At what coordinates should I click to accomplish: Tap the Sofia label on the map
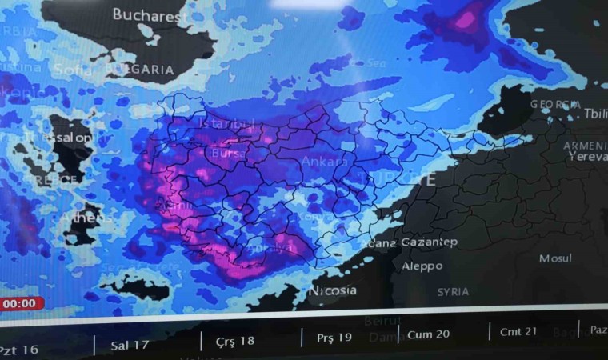[x=74, y=70]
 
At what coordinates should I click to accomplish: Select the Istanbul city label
[x=226, y=126]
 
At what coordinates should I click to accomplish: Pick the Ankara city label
[x=324, y=162]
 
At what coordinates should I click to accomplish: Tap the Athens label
[x=86, y=218]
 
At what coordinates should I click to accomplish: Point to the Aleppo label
[x=422, y=266]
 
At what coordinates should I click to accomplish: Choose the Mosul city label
[x=555, y=258]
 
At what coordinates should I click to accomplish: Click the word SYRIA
[x=453, y=292]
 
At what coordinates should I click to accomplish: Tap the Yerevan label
[x=588, y=158]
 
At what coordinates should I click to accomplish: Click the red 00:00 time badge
[x=20, y=304]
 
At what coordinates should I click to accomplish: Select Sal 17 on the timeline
[x=130, y=345]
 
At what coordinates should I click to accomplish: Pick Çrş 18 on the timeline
[x=235, y=340]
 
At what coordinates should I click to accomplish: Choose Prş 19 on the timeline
[x=334, y=337]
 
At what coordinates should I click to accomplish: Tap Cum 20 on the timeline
[x=429, y=334]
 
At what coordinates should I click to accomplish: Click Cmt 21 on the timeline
[x=518, y=331]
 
